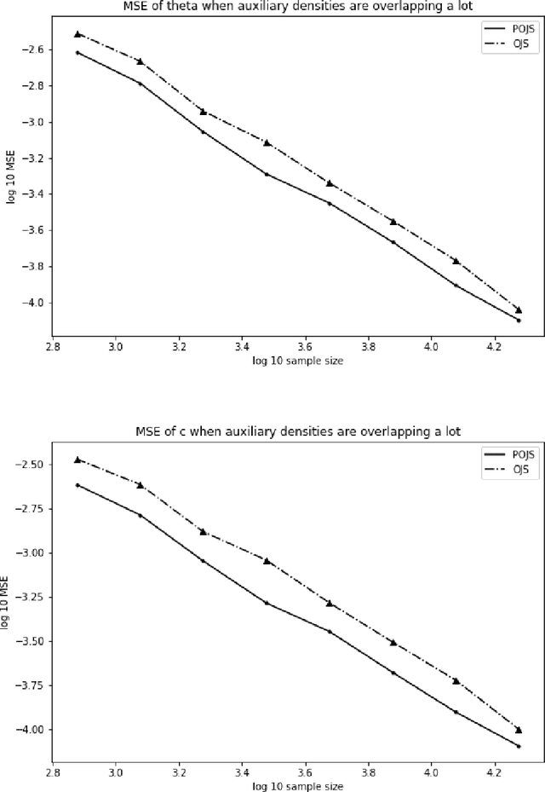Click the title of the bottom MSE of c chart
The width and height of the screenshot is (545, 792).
point(285,431)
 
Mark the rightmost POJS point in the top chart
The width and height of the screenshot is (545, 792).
point(519,320)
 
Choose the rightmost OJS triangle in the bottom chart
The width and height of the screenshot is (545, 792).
point(519,730)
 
